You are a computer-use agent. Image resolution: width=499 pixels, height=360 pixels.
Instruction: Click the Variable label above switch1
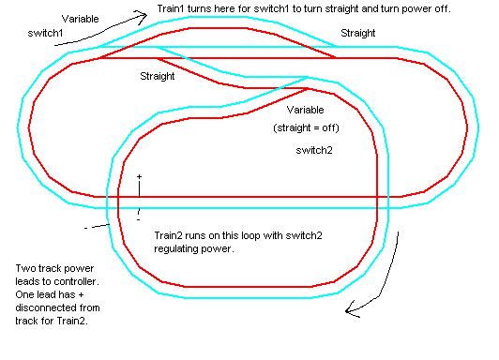pos(83,19)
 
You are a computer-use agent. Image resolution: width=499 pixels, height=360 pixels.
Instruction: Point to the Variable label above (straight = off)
pos(293,110)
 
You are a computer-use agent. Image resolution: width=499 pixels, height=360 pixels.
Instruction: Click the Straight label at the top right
pos(357,33)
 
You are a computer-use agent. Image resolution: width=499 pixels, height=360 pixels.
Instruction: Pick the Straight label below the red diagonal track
pos(157,76)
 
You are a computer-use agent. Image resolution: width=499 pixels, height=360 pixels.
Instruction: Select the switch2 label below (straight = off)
pos(312,150)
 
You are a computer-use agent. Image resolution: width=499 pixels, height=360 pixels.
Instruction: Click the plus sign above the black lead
pos(139,176)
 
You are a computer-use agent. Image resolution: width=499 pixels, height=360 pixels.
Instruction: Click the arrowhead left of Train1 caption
pos(144,14)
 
